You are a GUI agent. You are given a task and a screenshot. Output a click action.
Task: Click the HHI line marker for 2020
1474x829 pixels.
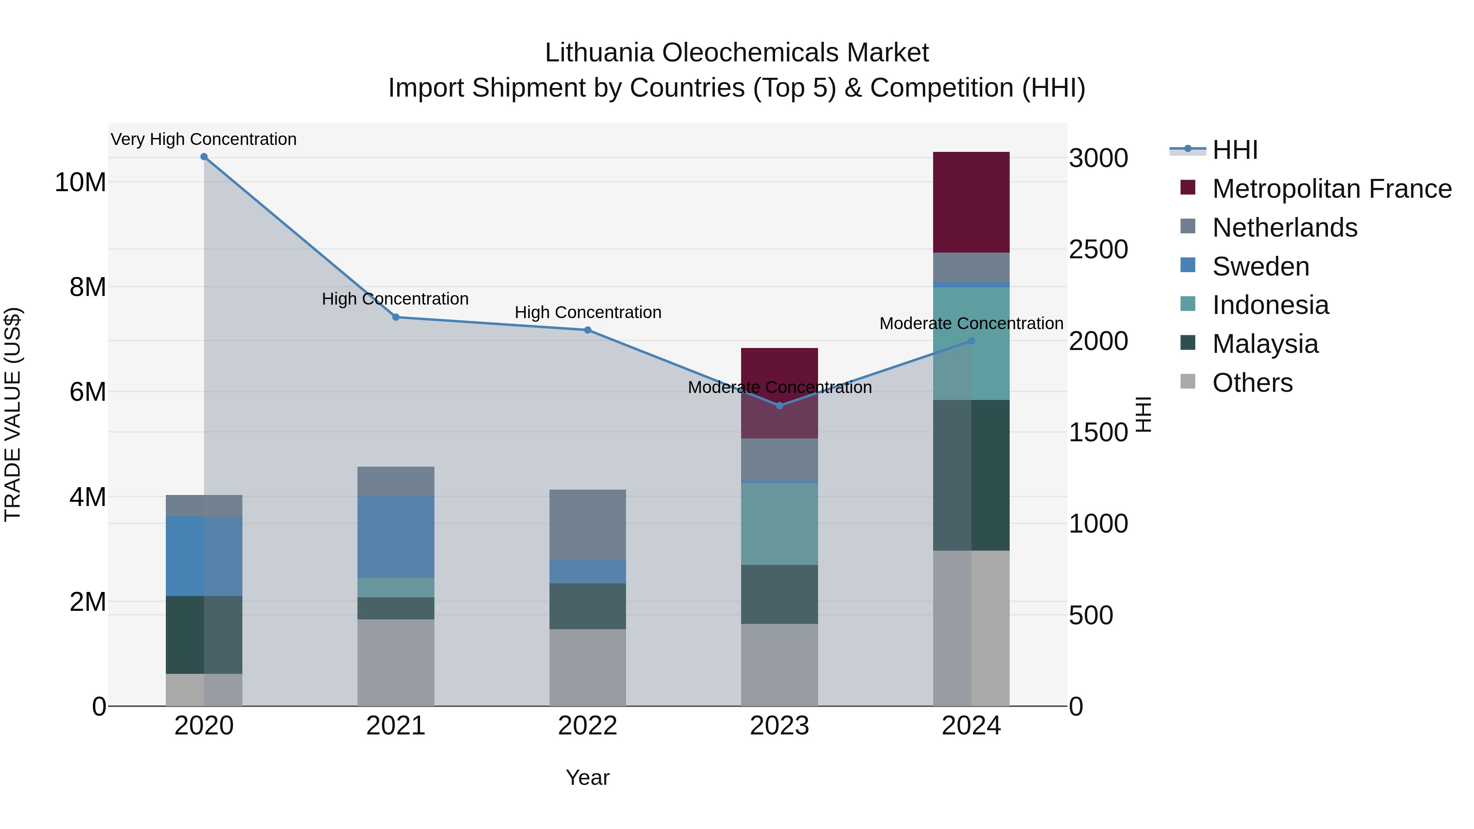point(204,157)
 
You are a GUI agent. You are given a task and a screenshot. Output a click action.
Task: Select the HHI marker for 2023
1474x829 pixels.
point(779,406)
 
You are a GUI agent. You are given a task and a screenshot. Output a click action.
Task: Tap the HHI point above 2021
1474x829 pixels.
point(396,317)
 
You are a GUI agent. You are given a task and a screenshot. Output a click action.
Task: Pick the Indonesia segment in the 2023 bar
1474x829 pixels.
point(779,524)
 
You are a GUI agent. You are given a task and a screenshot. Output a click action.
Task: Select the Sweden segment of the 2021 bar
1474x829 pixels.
point(396,537)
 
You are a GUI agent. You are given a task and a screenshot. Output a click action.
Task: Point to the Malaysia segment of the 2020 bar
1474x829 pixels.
point(204,635)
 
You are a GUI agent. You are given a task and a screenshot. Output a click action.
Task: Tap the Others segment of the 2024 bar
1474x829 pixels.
point(971,628)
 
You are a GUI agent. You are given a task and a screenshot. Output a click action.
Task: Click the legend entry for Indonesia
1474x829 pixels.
point(1270,305)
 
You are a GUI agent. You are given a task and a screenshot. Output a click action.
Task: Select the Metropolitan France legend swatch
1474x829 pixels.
point(1188,187)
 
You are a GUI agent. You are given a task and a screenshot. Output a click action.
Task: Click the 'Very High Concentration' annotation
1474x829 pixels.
point(204,139)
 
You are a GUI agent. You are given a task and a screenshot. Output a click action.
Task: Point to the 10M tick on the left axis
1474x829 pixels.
point(80,183)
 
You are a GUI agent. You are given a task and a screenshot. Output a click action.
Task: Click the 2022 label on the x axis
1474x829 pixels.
point(588,726)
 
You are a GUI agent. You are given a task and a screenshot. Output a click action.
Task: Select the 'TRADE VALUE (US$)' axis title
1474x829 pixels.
point(13,414)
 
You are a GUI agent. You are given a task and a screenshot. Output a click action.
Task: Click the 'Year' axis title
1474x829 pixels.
point(588,777)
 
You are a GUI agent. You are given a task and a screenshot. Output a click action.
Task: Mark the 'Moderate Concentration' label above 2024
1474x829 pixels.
point(971,323)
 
